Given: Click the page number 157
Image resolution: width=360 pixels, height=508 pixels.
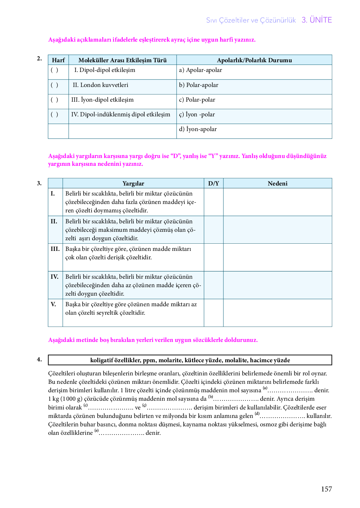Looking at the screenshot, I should pyautogui.click(x=326, y=489).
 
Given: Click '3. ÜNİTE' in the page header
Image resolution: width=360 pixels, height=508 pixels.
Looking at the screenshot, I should pyautogui.click(x=317, y=20).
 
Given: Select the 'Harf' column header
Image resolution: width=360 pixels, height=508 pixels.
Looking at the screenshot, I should pyautogui.click(x=58, y=60).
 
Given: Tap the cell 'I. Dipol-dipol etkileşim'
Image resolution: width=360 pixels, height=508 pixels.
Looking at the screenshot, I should pyautogui.click(x=105, y=70).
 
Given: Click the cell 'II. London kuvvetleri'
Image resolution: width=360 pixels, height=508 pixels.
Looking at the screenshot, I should pyautogui.click(x=100, y=85).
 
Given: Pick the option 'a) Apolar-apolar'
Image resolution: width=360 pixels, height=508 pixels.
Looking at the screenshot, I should pyautogui.click(x=200, y=70).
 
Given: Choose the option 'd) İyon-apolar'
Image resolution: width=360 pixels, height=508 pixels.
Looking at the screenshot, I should pyautogui.click(x=198, y=129).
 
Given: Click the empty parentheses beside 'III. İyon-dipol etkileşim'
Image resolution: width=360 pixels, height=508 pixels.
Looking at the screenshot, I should pyautogui.click(x=54, y=100).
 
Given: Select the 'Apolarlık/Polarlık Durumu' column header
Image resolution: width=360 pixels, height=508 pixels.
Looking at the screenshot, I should pyautogui.click(x=254, y=60).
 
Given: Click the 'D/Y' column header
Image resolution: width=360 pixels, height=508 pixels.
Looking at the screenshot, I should pyautogui.click(x=213, y=184).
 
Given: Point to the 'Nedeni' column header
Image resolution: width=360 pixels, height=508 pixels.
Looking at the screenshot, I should pyautogui.click(x=277, y=184).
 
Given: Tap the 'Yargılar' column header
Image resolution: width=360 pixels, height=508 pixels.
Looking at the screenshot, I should pyautogui.click(x=133, y=184).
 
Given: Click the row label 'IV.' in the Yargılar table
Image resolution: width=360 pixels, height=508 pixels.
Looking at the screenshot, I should pyautogui.click(x=55, y=277).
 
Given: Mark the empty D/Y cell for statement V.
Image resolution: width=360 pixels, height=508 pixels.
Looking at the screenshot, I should pyautogui.click(x=213, y=312).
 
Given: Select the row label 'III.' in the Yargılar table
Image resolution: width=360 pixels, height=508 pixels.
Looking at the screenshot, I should pyautogui.click(x=55, y=249).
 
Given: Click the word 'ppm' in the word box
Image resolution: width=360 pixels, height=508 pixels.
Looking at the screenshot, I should pyautogui.click(x=149, y=360).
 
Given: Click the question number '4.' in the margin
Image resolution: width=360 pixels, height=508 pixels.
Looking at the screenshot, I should pyautogui.click(x=39, y=359).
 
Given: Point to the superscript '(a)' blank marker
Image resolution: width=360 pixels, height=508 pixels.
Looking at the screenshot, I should pyautogui.click(x=265, y=388).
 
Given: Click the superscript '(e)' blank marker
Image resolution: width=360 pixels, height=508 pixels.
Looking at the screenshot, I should pyautogui.click(x=97, y=431).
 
